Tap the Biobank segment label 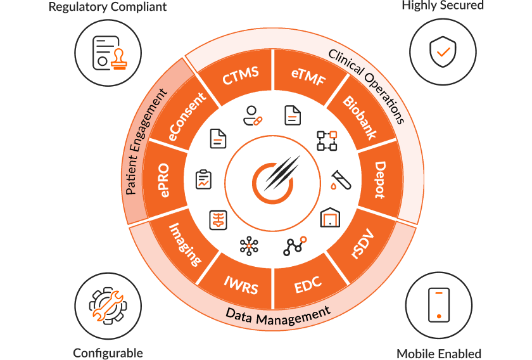point(359,117)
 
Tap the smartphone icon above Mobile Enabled point(439,305)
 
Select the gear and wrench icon point(107,307)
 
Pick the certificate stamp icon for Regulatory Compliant point(108,52)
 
